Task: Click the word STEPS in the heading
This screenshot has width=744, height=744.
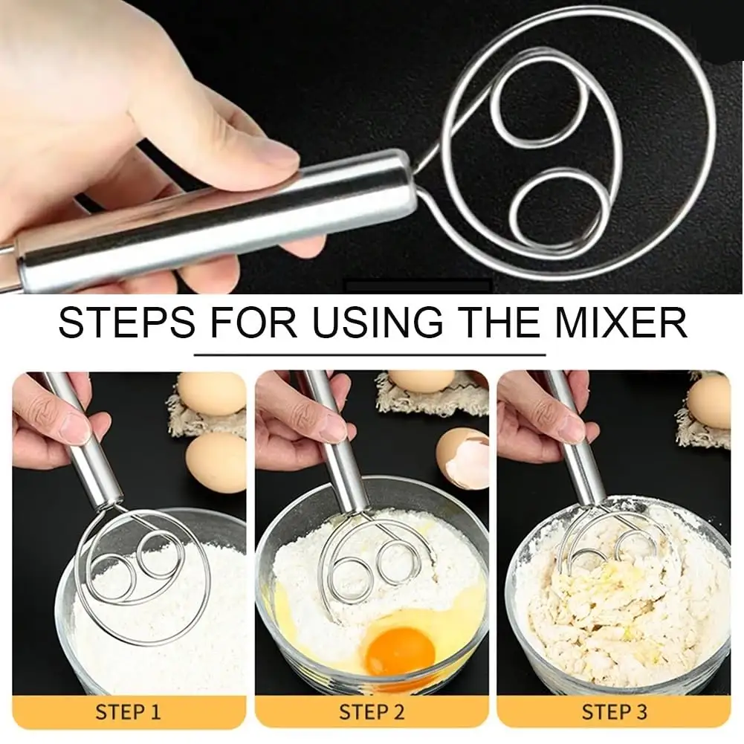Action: click(x=126, y=322)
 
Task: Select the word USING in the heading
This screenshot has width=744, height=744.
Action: click(x=378, y=322)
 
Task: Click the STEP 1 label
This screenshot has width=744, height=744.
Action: click(x=128, y=712)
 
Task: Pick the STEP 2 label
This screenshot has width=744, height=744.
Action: click(x=372, y=712)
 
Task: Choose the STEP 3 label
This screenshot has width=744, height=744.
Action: click(x=615, y=712)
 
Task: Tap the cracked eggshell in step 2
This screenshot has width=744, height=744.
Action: click(x=462, y=457)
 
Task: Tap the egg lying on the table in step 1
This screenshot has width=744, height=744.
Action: click(x=215, y=462)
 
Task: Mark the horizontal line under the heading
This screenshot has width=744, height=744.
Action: click(x=370, y=355)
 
